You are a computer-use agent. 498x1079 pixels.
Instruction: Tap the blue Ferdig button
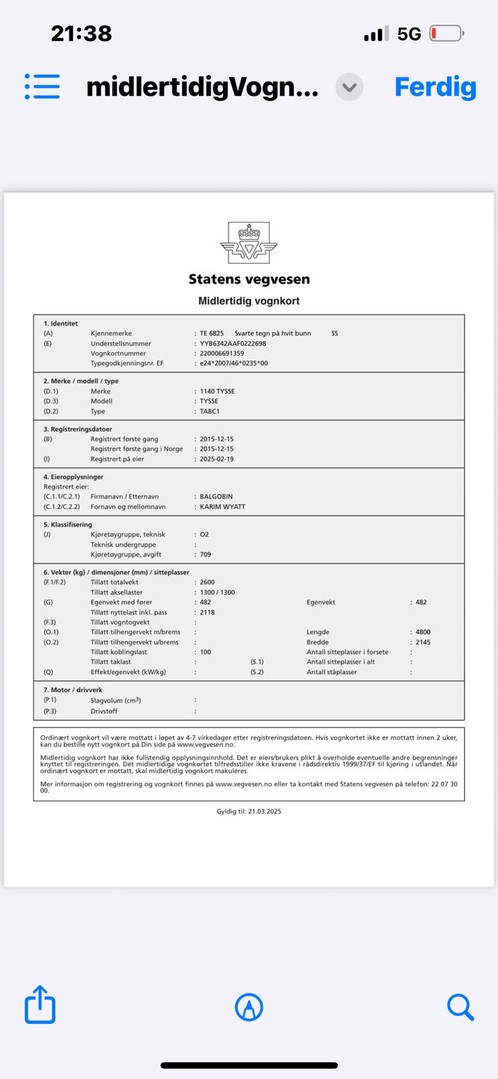point(435,87)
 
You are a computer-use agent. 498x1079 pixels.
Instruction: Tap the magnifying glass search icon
point(460,1007)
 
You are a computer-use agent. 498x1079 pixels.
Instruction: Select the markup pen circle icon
point(249,1008)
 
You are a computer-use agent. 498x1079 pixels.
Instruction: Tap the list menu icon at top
point(42,87)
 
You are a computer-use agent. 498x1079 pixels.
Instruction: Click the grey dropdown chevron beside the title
point(349,88)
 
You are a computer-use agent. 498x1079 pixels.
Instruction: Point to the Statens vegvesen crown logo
point(249,243)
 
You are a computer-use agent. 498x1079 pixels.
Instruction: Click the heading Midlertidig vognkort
point(249,301)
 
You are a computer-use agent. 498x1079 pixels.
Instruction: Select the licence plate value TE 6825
point(212,333)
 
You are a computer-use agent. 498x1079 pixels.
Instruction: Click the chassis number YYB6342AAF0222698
point(232,343)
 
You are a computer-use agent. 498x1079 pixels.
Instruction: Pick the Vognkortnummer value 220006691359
point(222,353)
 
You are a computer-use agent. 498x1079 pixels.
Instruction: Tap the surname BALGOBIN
point(216,496)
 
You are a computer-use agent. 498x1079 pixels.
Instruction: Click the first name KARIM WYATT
point(222,506)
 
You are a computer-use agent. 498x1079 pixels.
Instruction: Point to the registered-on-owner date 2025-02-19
point(217,459)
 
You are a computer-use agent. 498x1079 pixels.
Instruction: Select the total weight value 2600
point(208,582)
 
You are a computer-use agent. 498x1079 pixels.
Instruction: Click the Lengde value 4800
point(423,633)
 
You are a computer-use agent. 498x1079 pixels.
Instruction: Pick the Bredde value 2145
point(423,642)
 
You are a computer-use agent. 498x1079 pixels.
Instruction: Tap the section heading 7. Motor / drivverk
point(73,690)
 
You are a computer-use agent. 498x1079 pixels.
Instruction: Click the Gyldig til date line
point(249,811)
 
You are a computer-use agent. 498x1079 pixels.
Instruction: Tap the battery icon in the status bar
point(446,33)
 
